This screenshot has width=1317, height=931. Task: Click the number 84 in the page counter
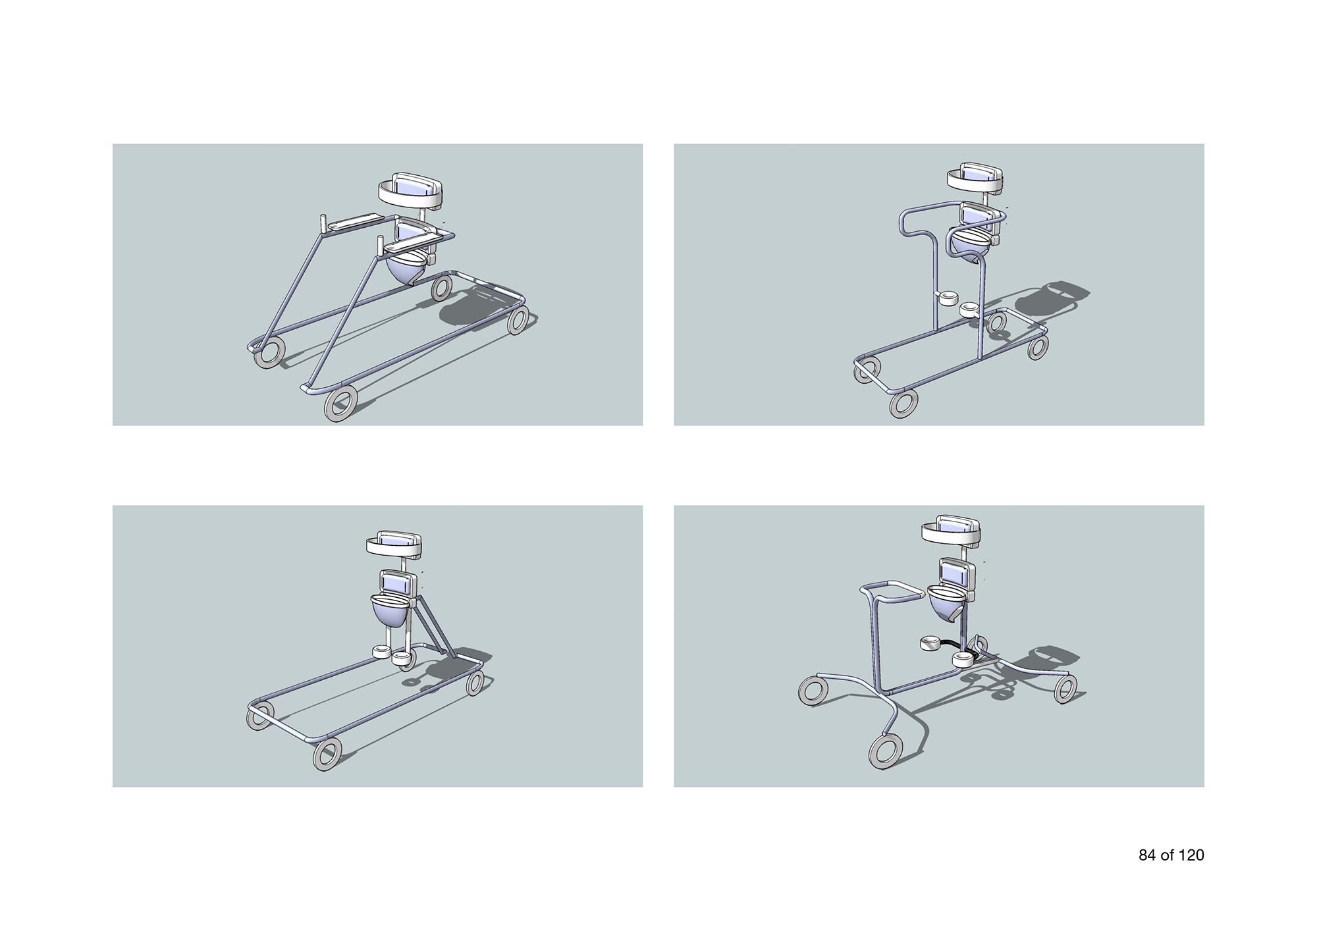point(1147,855)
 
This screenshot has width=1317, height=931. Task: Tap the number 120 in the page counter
point(1191,855)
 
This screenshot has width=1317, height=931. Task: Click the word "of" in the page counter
point(1168,855)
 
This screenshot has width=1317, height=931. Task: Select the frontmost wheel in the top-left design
point(341,404)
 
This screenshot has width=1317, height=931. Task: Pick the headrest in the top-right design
point(976,178)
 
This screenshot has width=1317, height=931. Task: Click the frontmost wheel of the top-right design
point(904,404)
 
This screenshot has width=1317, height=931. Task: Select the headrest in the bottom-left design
point(394,544)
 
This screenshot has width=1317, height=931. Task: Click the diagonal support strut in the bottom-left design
point(433,625)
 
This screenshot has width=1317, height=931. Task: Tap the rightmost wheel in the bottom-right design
point(1065,688)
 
